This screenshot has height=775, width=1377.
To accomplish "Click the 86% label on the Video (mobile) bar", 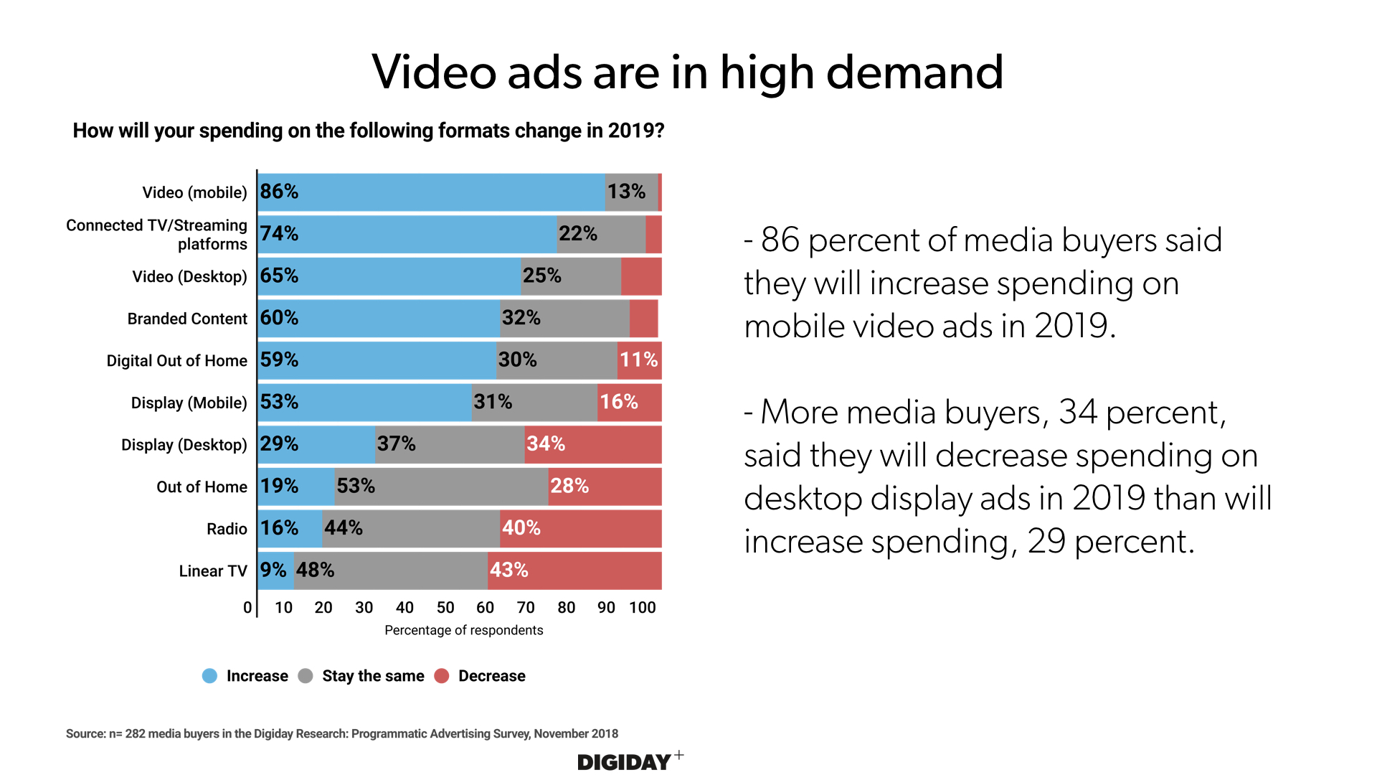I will point(279,192).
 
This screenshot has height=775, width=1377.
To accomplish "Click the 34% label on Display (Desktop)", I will point(546,444).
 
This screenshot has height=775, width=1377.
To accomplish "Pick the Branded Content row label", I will point(187,319).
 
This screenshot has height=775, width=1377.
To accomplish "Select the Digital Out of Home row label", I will point(176,360).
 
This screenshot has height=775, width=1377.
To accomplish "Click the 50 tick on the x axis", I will point(445,608).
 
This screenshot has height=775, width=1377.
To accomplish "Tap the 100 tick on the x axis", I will point(643,608).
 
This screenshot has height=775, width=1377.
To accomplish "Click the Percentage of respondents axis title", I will point(464,630).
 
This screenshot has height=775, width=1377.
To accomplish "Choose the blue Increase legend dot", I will point(209,676).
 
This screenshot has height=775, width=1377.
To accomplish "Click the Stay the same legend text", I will point(373,676).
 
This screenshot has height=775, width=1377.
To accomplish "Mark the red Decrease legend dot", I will point(442,676).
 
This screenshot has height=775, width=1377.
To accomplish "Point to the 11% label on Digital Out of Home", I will point(639,360).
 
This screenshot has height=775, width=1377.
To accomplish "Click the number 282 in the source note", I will point(135,733).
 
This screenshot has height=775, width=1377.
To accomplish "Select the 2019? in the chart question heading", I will point(636,131).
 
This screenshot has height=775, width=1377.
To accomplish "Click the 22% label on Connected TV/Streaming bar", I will point(578,234).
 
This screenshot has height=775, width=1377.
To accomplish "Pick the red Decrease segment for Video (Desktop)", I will point(641,276).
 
